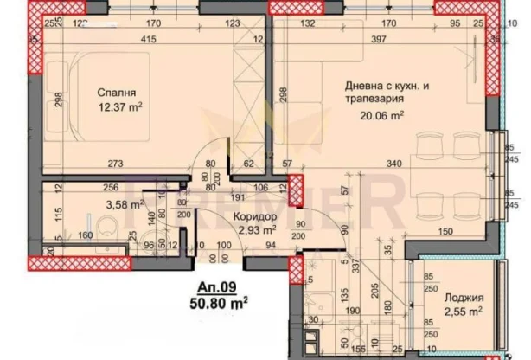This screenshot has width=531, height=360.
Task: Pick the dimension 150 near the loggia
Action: (x=445, y=231)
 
